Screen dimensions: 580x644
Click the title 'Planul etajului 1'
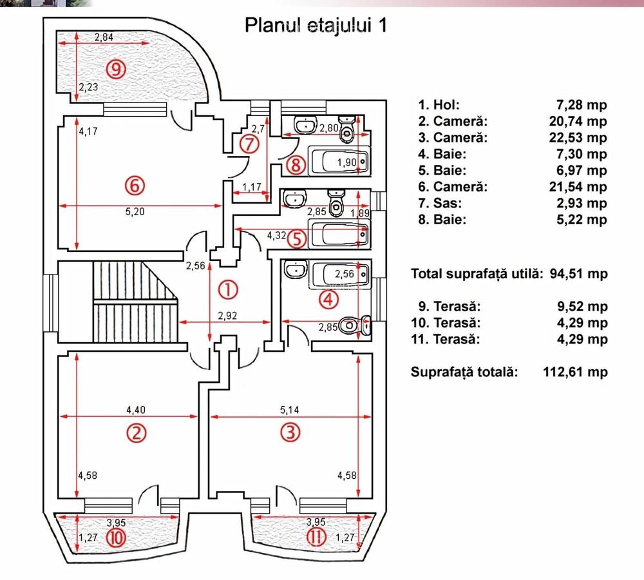316,25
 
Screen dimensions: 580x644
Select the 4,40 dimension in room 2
136,409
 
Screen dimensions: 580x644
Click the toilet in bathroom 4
352,325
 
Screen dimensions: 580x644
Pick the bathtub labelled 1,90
340,161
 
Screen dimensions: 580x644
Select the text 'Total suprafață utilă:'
478,274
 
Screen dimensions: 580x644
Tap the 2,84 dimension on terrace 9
104,37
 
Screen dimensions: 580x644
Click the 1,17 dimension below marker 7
251,188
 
